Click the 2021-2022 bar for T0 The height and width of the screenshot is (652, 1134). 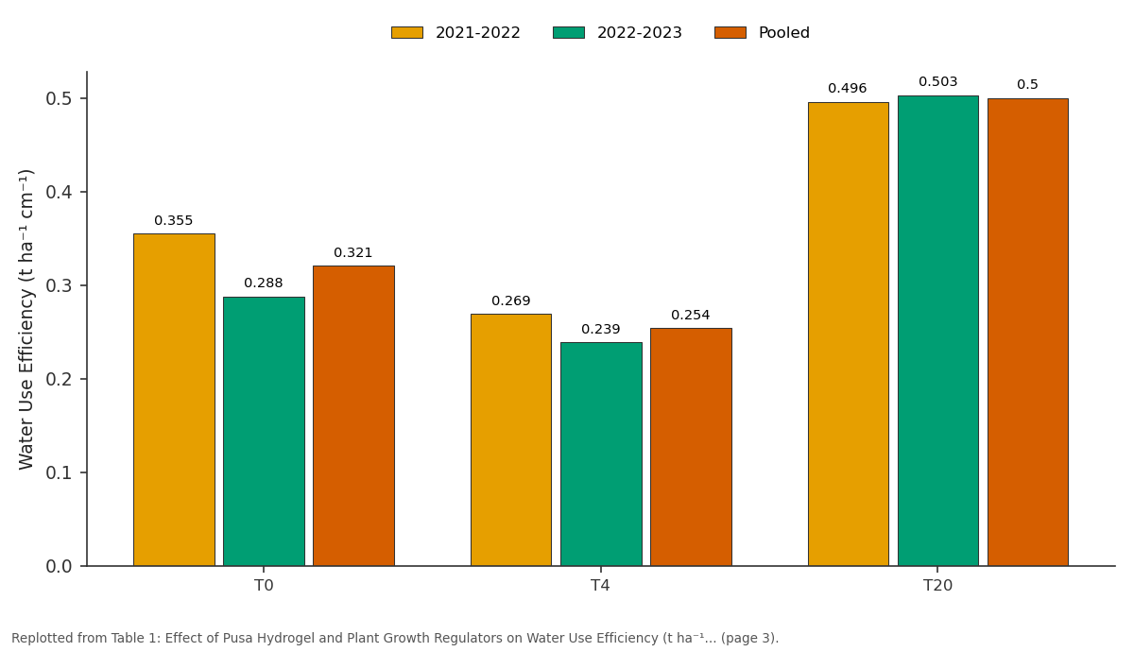pos(174,400)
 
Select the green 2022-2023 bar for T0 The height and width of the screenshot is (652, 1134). pos(265,431)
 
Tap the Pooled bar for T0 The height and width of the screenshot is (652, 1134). pos(353,416)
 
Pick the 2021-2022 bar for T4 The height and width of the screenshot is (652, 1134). pos(511,440)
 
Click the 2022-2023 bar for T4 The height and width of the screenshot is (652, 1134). pos(601,455)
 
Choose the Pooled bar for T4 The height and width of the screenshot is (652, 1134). pos(691,447)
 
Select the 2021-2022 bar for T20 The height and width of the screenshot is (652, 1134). pos(849,335)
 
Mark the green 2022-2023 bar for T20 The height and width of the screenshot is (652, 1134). pos(938,331)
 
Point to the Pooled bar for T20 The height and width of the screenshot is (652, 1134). pos(1028,332)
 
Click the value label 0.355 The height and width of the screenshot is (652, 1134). pos(174,221)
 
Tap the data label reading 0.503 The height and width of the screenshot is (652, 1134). pos(938,82)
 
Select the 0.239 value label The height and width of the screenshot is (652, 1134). pos(601,330)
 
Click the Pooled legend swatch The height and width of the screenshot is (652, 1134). pos(730,33)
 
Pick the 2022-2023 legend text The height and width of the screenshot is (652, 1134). pos(640,33)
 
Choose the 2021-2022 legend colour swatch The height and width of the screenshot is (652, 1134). pos(407,33)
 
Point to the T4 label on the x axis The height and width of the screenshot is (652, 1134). pos(600,586)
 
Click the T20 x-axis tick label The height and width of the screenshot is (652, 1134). pos(938,586)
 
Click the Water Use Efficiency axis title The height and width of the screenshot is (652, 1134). pos(26,320)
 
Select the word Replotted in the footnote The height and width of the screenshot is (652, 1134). pos(41,639)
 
